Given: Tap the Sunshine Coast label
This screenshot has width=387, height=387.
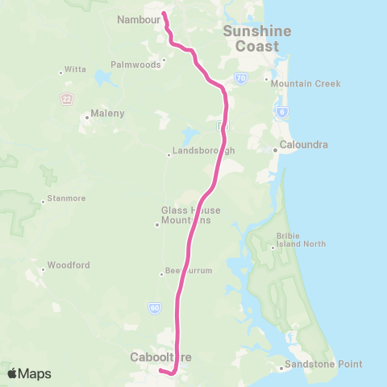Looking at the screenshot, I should tap(251, 39).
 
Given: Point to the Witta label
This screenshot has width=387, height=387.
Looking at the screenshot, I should tap(74, 70).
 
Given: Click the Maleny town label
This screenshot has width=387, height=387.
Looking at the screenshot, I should tap(108, 114).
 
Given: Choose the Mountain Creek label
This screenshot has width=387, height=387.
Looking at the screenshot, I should tap(306, 84).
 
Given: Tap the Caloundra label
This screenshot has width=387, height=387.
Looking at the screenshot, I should tap(303, 145).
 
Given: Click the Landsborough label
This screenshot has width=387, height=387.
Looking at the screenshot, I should tap(202, 151).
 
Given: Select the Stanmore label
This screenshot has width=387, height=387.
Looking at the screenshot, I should tap(65, 198).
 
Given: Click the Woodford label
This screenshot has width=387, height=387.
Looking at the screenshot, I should tap(69, 264).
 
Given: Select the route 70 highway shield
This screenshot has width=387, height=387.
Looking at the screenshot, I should tap(241, 78).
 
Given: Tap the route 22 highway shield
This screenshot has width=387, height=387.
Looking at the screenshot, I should tap(66, 98).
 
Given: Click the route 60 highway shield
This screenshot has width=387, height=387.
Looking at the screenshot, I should tap(154, 307).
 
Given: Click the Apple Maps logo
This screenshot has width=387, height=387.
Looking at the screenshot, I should tap(29, 373).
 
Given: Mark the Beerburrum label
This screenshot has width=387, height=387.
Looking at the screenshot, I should tap(188, 271).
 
